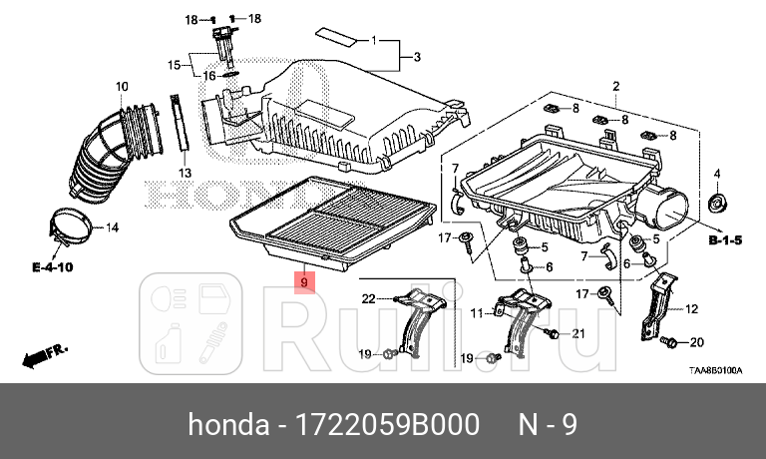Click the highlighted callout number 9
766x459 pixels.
(304, 282)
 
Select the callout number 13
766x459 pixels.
(185, 173)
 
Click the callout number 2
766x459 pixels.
(616, 86)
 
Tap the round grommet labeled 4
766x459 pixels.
(716, 205)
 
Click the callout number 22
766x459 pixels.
(367, 298)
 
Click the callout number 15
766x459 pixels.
(173, 65)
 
